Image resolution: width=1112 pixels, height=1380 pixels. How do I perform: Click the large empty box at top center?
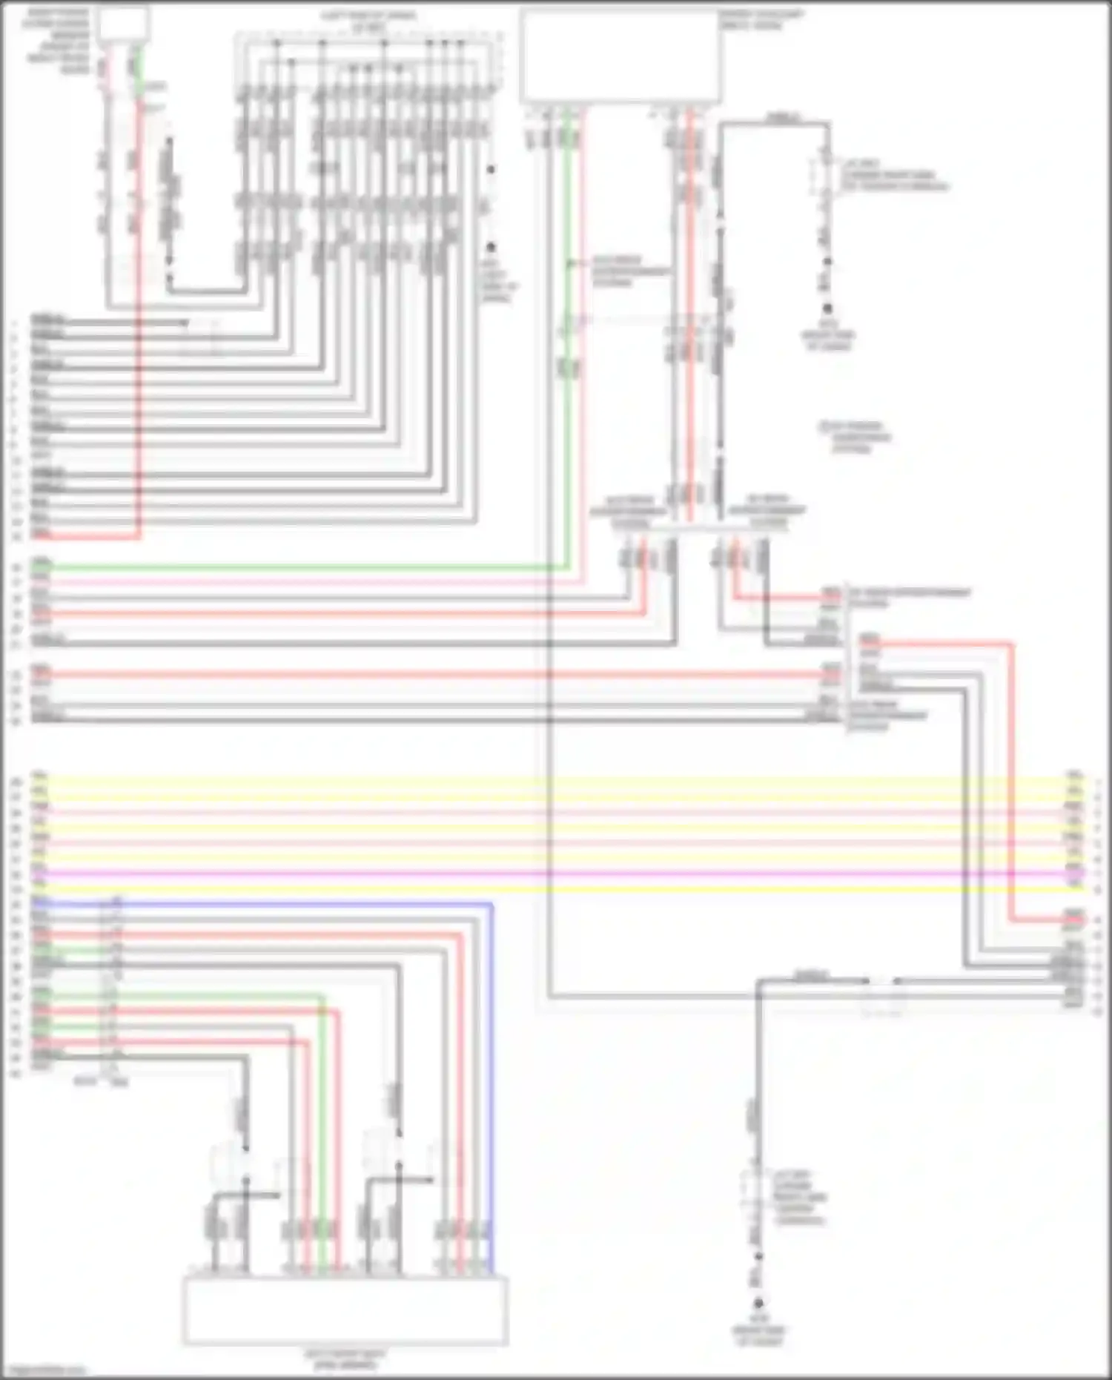tap(620, 55)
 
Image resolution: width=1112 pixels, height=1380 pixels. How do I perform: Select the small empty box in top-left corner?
tap(123, 24)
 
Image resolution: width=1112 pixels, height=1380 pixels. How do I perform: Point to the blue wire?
tap(491, 1075)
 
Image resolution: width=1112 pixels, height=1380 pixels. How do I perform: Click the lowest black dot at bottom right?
tap(758, 1303)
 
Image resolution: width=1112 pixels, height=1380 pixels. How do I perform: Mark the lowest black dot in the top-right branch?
tap(827, 308)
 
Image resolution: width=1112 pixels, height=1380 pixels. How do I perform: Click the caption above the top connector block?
tap(368, 21)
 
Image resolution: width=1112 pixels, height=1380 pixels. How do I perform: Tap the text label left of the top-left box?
tap(58, 41)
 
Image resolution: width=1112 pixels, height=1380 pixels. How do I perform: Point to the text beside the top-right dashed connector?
tap(893, 175)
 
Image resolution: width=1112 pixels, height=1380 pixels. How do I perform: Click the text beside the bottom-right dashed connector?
tap(801, 1198)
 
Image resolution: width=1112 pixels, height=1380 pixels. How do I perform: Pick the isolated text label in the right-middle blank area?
tap(855, 437)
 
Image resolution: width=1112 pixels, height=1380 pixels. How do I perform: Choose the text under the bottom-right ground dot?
tap(758, 1330)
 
